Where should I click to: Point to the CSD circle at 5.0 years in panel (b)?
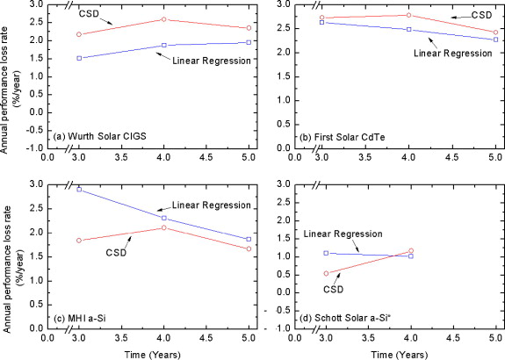coord(495,32)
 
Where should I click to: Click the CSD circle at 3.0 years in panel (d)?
coord(326,273)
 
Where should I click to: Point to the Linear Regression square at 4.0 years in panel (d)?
coord(410,256)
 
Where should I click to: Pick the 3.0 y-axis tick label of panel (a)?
coord(36,5)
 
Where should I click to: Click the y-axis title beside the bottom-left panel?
coord(8,256)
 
